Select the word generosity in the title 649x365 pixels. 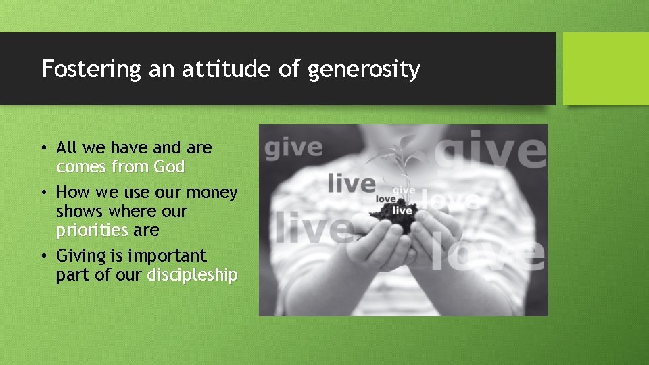pyautogui.click(x=364, y=70)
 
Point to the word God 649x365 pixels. pyautogui.click(x=168, y=166)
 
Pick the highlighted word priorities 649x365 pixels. pyautogui.click(x=92, y=230)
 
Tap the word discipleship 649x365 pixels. pyautogui.click(x=192, y=275)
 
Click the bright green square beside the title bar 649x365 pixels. pyautogui.click(x=605, y=69)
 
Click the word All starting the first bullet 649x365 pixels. pyautogui.click(x=68, y=147)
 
